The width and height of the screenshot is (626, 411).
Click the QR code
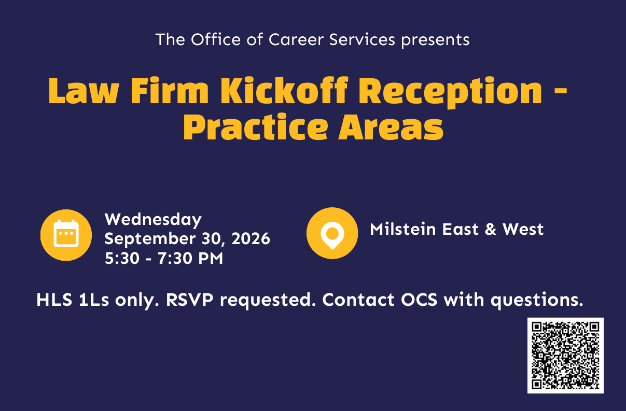pyautogui.click(x=565, y=356)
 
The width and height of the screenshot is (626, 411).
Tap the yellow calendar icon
pyautogui.click(x=66, y=235)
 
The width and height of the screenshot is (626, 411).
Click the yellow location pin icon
pyautogui.click(x=332, y=233)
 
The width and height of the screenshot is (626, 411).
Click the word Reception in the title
pyautogui.click(x=450, y=93)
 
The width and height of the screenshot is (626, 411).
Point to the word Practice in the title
pyautogui.click(x=255, y=127)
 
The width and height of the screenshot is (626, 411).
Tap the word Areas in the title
pyautogui.click(x=391, y=128)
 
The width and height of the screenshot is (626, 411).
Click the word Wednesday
pyautogui.click(x=153, y=220)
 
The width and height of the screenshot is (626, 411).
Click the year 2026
pyautogui.click(x=251, y=239)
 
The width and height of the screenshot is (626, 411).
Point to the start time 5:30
pyautogui.click(x=122, y=258)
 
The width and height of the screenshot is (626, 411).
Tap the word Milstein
pyautogui.click(x=403, y=229)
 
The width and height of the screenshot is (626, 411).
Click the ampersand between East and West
pyautogui.click(x=491, y=229)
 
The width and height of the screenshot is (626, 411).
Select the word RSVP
pyautogui.click(x=190, y=300)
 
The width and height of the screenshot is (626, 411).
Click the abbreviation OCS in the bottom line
pyautogui.click(x=419, y=300)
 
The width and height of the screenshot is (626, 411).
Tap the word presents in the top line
pyautogui.click(x=436, y=41)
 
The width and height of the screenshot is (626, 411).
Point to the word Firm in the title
pyautogui.click(x=170, y=91)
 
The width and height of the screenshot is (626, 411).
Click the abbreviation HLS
pyautogui.click(x=54, y=300)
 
